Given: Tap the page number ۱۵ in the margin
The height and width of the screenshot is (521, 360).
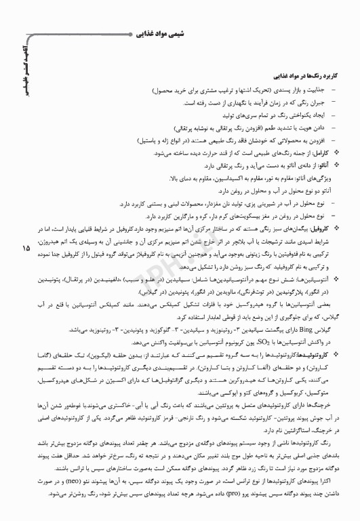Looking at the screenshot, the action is click(x=26, y=248).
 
